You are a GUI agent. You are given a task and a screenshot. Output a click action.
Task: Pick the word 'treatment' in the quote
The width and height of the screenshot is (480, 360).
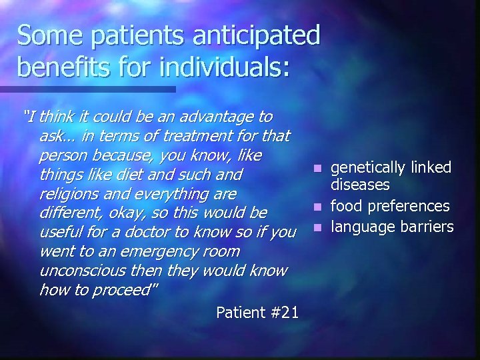[173, 136]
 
